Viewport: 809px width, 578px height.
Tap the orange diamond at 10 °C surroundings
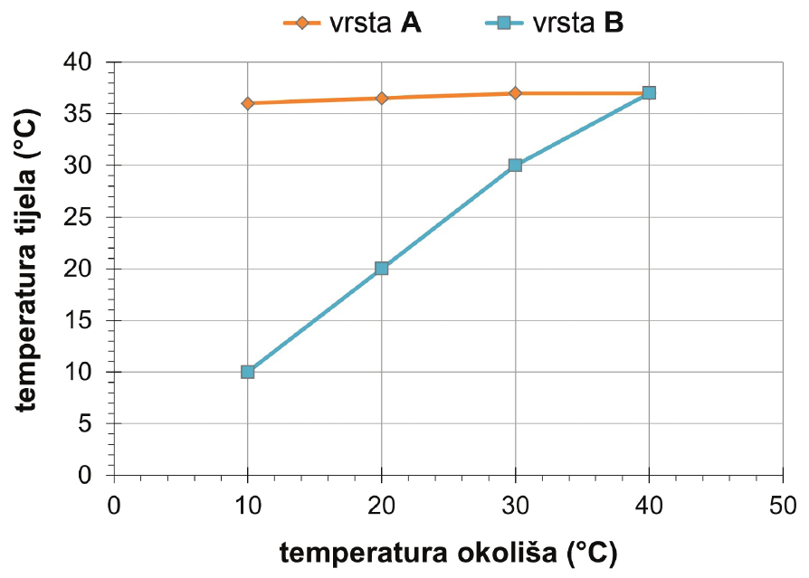pos(247,103)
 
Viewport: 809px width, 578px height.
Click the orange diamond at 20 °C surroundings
pos(381,98)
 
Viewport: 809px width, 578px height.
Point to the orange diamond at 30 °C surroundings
pos(515,93)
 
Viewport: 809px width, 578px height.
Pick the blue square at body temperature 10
pos(247,372)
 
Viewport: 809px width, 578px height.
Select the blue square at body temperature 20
pos(381,269)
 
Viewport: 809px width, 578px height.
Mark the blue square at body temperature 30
pos(515,166)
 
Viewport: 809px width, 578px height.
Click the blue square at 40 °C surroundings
pos(649,93)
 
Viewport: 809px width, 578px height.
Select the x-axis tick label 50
pos(783,504)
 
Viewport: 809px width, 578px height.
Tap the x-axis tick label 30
pos(515,504)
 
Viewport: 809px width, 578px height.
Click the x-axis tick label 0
pos(114,504)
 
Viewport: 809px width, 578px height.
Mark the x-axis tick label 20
pos(381,504)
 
